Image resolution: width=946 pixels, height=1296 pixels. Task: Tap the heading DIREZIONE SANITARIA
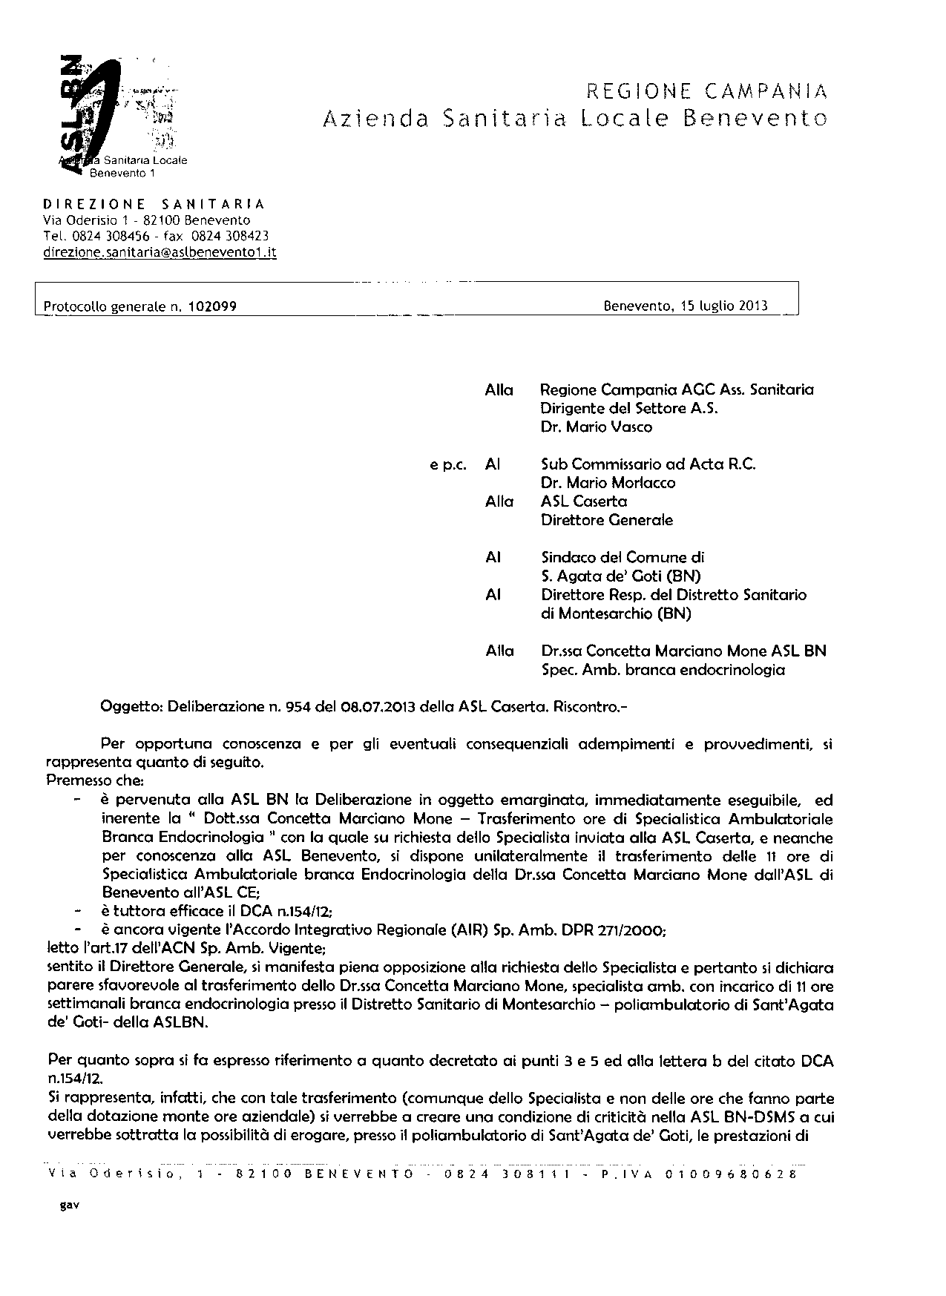(154, 204)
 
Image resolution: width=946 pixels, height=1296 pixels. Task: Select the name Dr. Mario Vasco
(586, 427)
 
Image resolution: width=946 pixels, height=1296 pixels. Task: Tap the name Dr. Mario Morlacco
(608, 483)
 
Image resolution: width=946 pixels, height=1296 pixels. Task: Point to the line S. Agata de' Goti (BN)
(621, 576)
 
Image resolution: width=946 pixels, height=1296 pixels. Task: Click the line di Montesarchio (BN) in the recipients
(616, 614)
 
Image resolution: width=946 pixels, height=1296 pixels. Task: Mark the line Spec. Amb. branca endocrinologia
(663, 670)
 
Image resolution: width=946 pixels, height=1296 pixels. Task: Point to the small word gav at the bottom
(69, 1205)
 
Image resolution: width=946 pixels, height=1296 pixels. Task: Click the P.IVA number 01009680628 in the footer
(730, 1174)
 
